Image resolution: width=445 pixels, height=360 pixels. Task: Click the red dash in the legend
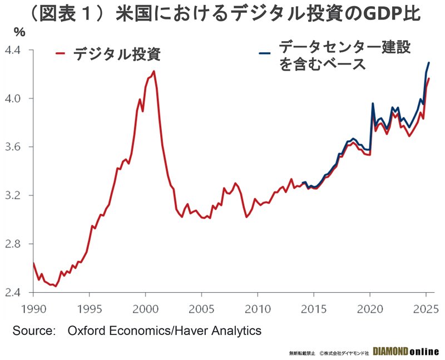62,54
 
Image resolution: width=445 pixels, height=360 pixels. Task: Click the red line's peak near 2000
154,71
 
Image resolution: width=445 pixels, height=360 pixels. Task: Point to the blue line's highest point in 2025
429,62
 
